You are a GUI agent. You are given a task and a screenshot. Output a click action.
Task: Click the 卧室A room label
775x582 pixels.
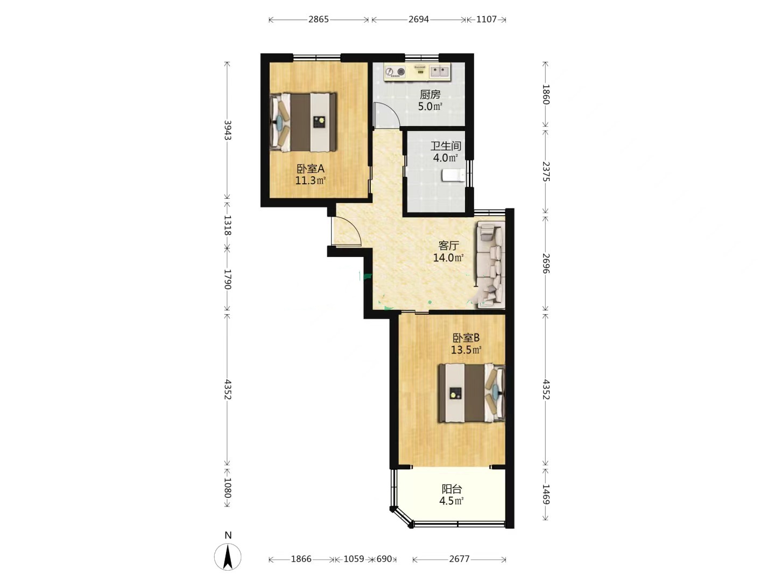pos(310,169)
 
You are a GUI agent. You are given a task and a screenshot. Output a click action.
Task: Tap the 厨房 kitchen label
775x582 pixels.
pos(430,94)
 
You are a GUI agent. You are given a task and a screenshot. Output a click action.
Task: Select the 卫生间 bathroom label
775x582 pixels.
pos(446,146)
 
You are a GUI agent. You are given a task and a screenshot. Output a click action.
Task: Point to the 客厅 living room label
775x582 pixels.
pos(448,245)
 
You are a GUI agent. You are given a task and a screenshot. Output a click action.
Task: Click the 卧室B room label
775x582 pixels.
pos(466,338)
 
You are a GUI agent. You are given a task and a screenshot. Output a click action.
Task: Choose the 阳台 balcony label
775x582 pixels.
pos(452,489)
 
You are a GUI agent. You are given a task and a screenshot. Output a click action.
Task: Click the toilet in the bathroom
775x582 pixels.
pos(453,175)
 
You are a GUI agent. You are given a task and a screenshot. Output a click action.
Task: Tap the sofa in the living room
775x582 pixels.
pos(490,265)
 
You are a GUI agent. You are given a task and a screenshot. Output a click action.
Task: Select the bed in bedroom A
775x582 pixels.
pos(303,122)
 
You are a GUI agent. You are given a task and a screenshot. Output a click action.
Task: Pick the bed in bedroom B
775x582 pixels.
pos(471,393)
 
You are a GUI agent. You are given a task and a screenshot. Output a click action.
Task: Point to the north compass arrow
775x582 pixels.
pos(228,557)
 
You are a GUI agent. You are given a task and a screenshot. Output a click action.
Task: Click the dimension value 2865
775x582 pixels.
pos(319,19)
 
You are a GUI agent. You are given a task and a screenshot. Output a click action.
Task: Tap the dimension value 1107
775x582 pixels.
pos(486,19)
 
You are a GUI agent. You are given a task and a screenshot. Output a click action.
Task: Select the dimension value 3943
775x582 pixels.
pos(228,130)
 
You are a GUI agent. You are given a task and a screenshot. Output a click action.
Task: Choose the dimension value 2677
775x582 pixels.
pos(459,559)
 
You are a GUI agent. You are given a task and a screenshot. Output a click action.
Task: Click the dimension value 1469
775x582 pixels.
pos(546,494)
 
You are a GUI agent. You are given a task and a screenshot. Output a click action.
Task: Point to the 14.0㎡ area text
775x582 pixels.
pos(448,258)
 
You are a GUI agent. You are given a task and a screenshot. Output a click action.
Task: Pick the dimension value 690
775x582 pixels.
pos(384,559)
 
